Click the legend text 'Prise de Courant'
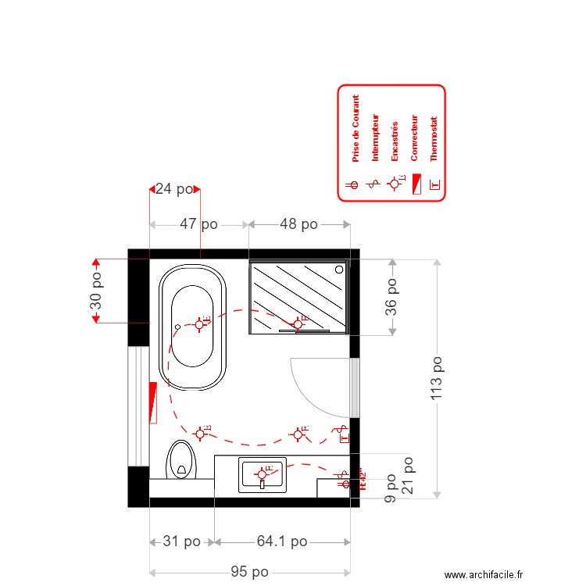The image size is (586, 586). pos(356,129)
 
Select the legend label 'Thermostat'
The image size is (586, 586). pos(434,139)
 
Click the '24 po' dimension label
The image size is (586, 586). pos(173,188)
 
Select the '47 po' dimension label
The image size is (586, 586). pos(198,224)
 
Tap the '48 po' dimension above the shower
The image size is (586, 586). pos(298,224)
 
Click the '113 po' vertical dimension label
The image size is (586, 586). pos(438,379)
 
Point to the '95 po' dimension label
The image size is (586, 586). pos(249,572)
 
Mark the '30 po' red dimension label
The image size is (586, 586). pos(96,291)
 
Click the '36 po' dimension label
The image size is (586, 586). pos(391,297)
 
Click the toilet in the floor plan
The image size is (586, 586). pos(181,461)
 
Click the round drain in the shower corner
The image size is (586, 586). pos(339,270)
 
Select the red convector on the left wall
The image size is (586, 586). pos(153,402)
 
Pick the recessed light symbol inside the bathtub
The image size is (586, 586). pos(201,323)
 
